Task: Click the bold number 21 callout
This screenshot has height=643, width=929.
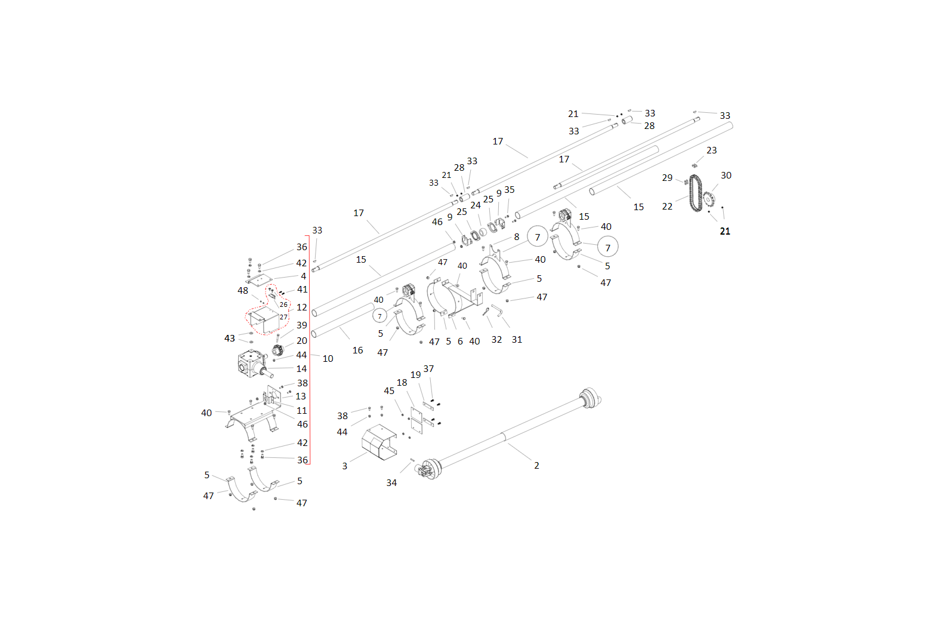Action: tap(725, 232)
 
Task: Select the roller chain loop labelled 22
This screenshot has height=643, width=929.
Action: tap(690, 193)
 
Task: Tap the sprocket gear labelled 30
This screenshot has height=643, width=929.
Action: tap(708, 199)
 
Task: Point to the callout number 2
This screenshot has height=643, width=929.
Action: tap(536, 466)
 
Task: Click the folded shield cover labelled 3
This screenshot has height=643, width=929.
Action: tap(379, 442)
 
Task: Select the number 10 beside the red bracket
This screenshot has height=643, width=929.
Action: tap(328, 359)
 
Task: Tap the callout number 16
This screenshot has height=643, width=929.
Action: tap(357, 350)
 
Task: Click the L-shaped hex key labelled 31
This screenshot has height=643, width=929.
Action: tap(498, 310)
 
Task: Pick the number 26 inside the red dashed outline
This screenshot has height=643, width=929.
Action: tap(283, 304)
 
